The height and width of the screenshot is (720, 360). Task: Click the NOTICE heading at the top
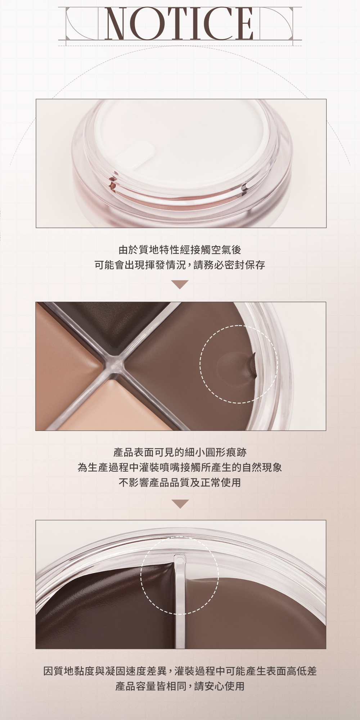pos(180,23)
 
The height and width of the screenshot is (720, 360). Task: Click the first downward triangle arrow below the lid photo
pos(180,284)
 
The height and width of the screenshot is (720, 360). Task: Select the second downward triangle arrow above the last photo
pos(180,504)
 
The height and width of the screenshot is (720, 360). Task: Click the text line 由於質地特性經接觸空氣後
pos(180,249)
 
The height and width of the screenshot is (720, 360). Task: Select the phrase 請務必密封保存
pos(229,265)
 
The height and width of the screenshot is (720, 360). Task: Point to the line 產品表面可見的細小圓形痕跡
pos(180,452)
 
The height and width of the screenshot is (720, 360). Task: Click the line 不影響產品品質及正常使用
pos(180,482)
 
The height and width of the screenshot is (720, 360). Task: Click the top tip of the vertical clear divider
pos(179,557)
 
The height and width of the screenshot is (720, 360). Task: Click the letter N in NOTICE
pos(119,23)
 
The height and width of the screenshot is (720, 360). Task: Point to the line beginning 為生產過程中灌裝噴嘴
pos(180,467)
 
